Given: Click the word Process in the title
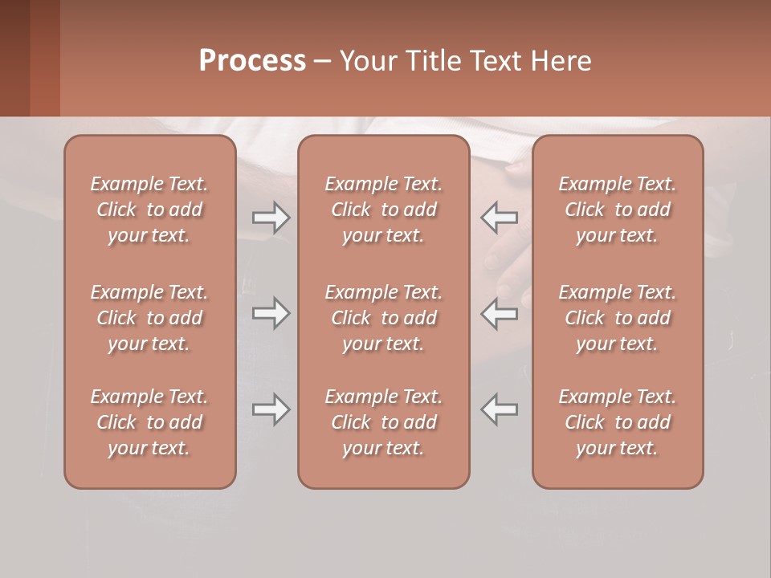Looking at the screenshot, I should point(252,61).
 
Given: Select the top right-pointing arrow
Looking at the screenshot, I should point(271,218).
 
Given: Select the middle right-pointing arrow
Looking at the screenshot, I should point(271,313).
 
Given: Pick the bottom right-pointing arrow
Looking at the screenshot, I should point(271,409).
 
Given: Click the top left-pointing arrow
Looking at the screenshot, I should point(500,218).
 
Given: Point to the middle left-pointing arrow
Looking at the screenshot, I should point(500,313).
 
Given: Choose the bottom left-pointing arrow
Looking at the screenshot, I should point(500,409).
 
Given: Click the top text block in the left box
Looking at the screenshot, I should point(149,210).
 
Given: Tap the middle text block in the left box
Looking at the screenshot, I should point(149,318).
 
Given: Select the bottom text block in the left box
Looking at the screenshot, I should point(149,422).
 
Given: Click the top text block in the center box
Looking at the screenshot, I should point(383,210).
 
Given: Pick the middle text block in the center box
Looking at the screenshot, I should point(383,318).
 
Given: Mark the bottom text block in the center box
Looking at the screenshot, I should point(383,422).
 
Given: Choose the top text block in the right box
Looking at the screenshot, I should point(617,210).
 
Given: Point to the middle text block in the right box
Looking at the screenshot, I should point(617,318).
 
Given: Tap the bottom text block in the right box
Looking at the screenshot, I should point(617,422).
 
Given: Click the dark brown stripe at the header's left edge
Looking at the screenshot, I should point(14,58).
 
